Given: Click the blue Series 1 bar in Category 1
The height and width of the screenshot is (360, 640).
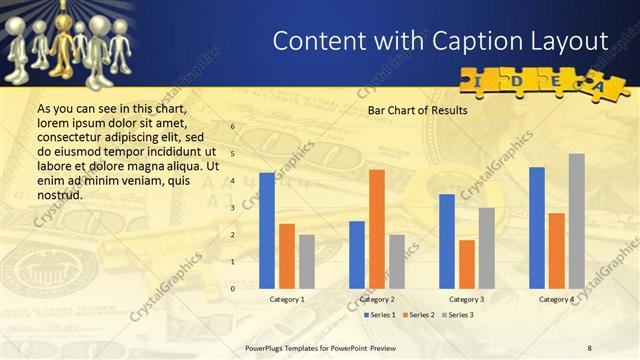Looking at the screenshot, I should [x=266, y=230].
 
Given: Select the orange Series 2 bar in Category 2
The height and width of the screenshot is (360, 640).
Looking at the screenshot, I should [x=376, y=228].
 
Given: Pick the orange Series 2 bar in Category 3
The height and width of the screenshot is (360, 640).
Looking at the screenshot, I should [x=466, y=263].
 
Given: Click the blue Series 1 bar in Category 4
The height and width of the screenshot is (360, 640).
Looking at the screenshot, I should [x=537, y=227].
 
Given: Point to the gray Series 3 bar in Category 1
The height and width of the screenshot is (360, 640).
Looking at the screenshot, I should [x=306, y=261].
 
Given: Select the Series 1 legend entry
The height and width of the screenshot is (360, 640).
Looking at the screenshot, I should [x=380, y=315].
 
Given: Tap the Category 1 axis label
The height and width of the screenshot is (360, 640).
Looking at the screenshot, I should [x=287, y=299].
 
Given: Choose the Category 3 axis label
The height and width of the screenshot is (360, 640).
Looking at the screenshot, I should [x=467, y=299].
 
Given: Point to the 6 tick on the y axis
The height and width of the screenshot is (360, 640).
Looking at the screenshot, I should [x=233, y=127].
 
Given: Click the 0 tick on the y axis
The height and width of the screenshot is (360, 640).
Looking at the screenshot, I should [x=233, y=288].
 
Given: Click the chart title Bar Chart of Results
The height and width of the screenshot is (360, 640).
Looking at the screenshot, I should [x=417, y=111].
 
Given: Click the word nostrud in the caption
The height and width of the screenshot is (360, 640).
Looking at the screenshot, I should [x=59, y=195].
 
